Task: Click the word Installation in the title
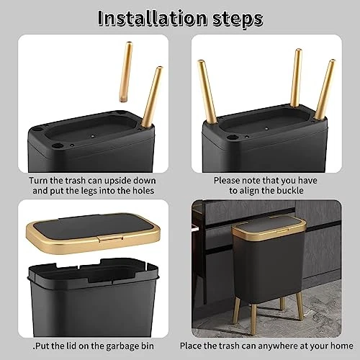click(153, 18)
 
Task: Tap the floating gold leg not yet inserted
click(126, 72)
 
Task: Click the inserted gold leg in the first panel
click(152, 96)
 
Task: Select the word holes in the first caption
click(143, 191)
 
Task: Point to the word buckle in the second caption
click(290, 191)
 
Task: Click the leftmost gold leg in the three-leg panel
click(207, 91)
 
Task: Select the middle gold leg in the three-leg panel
click(296, 78)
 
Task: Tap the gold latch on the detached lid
click(110, 238)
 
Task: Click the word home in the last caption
click(342, 346)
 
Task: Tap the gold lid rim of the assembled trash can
click(269, 233)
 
